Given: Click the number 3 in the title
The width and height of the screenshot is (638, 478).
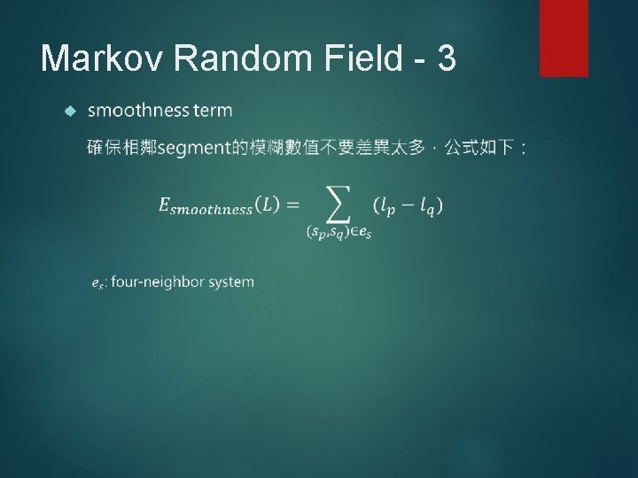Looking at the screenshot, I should (446, 58).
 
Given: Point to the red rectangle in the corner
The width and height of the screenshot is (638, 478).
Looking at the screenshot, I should (564, 37).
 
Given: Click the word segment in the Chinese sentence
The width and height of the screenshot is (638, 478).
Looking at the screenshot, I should (193, 147).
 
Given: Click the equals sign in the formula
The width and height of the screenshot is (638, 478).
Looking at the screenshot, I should (292, 205).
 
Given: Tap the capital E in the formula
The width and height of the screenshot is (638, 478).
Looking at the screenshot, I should (164, 205).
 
